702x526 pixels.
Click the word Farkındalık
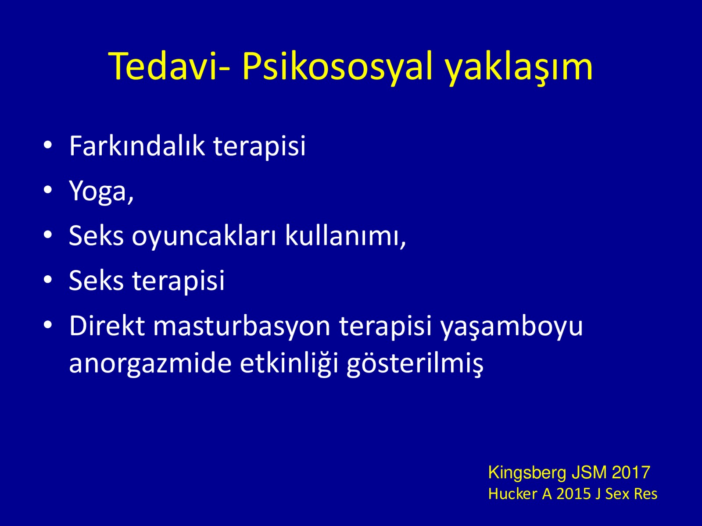(x=137, y=146)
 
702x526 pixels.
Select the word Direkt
(x=107, y=326)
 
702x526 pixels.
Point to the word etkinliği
(x=289, y=364)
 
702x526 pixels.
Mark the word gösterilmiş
(x=415, y=364)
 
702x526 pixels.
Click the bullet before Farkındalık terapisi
(x=48, y=145)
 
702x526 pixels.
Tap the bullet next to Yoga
(x=48, y=190)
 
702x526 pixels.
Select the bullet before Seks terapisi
(x=48, y=280)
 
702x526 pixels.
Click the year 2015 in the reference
(x=574, y=494)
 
